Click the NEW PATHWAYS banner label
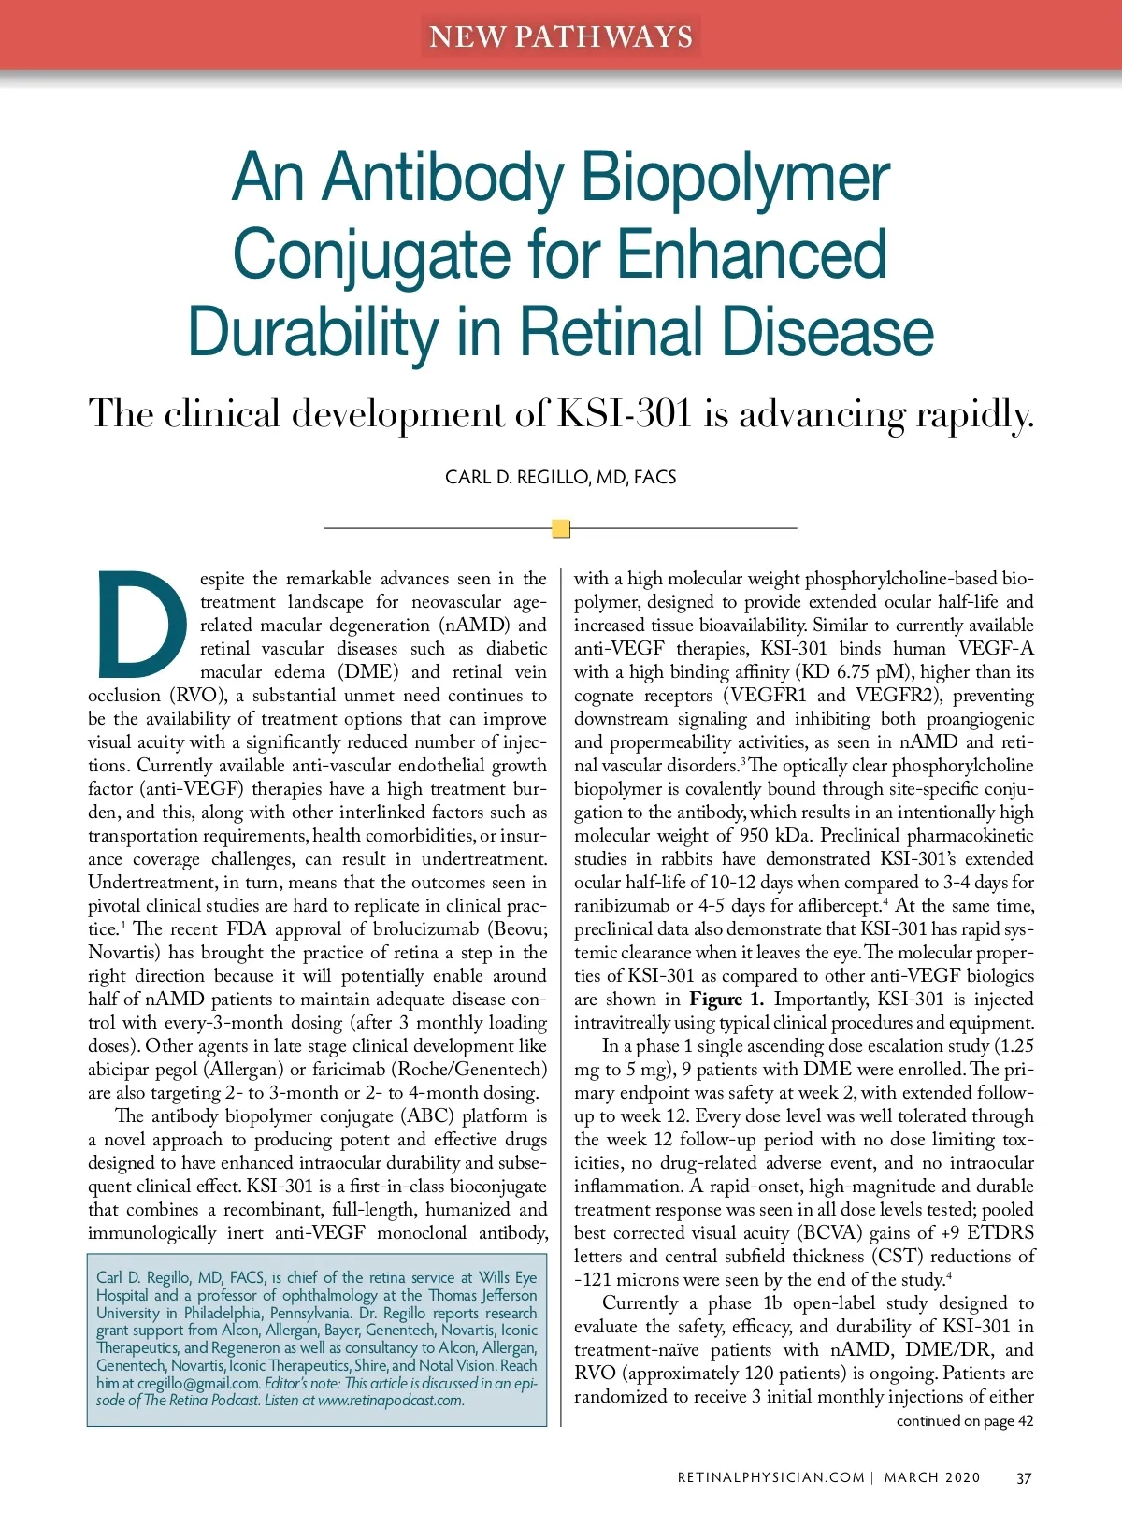(561, 36)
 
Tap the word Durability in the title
(312, 332)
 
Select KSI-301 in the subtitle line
(625, 413)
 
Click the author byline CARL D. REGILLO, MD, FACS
(560, 477)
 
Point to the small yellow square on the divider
(561, 528)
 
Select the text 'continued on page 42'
(964, 1420)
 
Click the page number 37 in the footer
(1024, 1477)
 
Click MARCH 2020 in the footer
(932, 1477)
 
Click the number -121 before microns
(592, 1279)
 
